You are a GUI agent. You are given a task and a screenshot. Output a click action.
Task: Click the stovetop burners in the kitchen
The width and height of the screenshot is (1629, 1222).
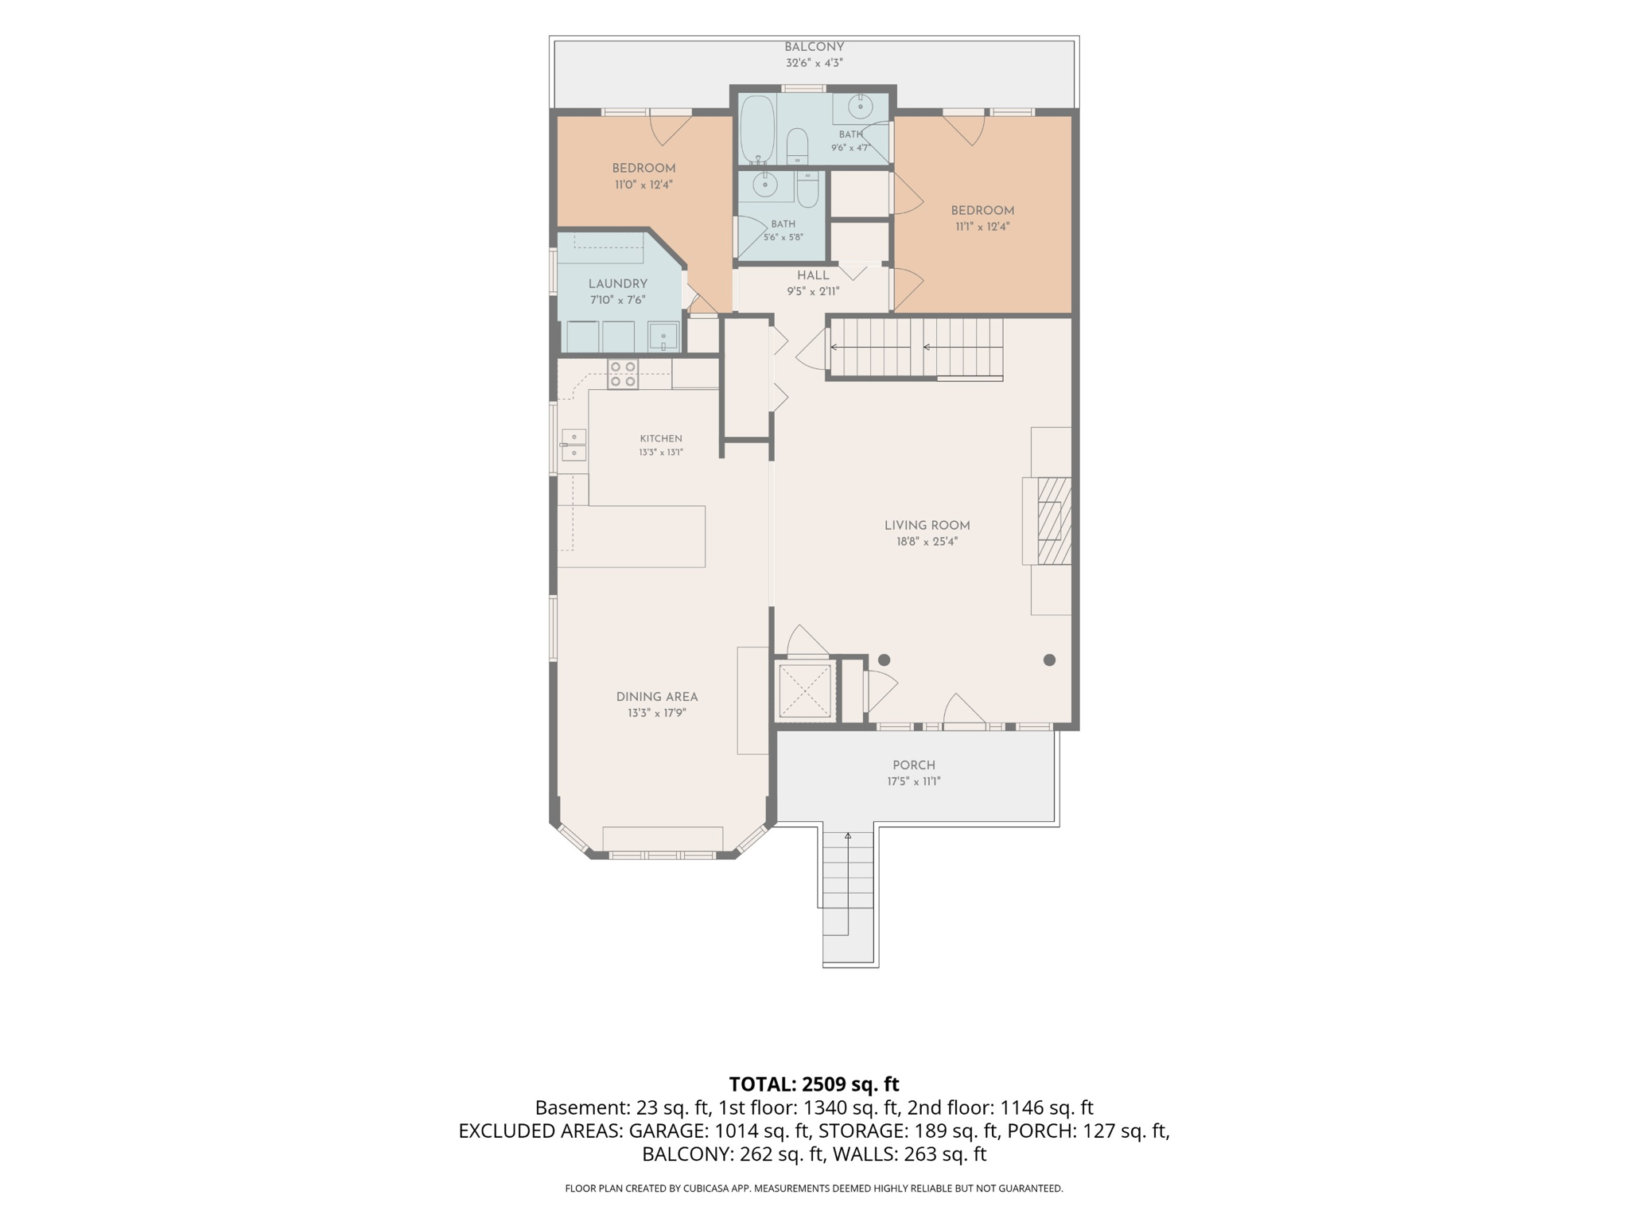coord(623,375)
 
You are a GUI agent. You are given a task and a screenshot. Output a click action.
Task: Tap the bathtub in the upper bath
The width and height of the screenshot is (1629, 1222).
coord(757,129)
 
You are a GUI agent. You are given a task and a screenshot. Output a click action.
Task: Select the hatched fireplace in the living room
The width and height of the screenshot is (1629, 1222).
coord(1055,520)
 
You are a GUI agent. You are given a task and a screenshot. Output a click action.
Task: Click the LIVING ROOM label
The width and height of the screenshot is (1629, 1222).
coord(927,525)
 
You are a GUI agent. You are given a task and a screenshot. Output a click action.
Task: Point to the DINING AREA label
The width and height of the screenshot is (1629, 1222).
coord(657,697)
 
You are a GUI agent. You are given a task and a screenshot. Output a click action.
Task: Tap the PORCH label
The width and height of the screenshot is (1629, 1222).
coord(914,765)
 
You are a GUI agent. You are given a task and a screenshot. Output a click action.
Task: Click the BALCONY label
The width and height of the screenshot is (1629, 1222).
coord(814,47)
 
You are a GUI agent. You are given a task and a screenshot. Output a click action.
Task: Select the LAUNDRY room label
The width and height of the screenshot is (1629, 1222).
coord(618,284)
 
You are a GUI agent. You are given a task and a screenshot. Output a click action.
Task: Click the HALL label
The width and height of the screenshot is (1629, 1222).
coord(813,275)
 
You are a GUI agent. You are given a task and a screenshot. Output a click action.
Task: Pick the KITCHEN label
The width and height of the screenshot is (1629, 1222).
coord(661,438)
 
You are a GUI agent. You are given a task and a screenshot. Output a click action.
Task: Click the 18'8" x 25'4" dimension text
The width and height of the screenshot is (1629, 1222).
coord(927,542)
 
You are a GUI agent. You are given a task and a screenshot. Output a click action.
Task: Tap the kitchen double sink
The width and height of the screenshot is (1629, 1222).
coord(574,445)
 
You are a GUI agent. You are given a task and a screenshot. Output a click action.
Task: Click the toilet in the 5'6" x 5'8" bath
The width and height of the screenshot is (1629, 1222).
coord(807,189)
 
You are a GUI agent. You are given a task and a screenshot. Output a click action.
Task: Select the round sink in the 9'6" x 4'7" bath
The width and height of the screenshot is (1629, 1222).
coord(860,107)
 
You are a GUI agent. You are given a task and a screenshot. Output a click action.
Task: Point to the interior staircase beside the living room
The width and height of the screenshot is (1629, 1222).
coord(916,348)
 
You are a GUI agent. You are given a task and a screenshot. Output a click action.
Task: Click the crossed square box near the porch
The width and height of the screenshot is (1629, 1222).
coord(805,690)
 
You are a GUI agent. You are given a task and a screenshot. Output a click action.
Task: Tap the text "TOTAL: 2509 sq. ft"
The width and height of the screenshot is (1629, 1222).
coord(814,1084)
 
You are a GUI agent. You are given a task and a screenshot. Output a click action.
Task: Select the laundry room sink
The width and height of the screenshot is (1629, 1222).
coord(663,337)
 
